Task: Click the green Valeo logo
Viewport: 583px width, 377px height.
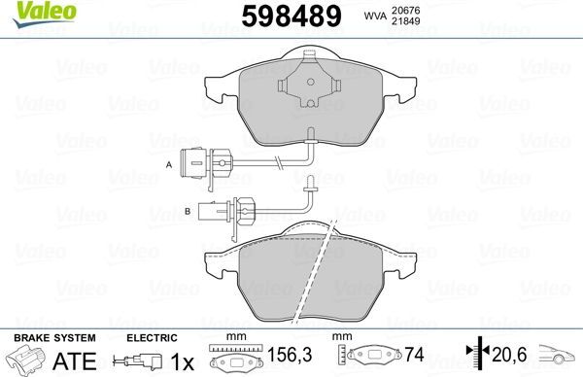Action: (45, 15)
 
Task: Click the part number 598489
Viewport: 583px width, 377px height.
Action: (291, 16)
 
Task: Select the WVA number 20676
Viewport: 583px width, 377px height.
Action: (405, 11)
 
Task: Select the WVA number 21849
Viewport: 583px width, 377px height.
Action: (405, 21)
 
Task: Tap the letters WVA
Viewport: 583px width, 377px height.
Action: (374, 16)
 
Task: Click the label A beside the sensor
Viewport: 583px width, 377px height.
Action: (169, 164)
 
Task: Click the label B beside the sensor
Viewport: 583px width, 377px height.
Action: (188, 211)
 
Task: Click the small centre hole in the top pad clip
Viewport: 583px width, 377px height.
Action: (311, 82)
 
